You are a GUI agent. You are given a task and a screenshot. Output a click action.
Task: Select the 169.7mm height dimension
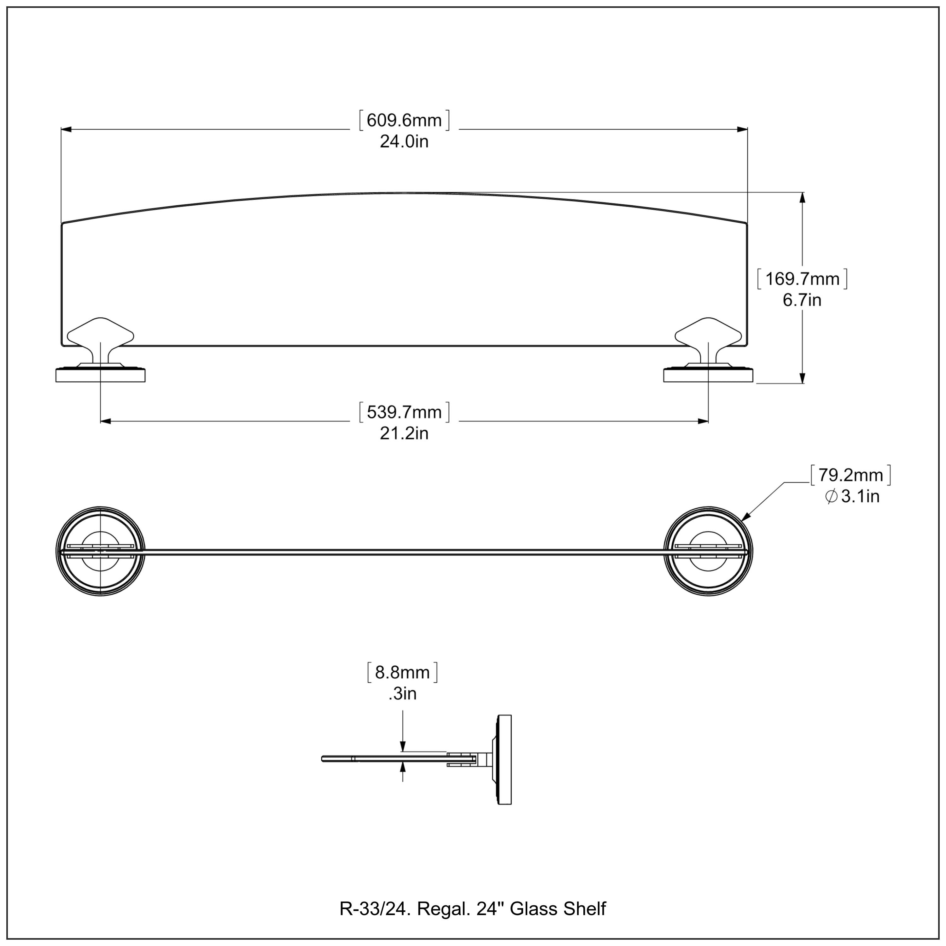[802, 279]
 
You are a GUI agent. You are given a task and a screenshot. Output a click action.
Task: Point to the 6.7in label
[802, 300]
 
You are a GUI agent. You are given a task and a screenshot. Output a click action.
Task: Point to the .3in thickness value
[402, 694]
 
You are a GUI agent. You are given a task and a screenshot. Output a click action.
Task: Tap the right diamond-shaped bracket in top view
[709, 334]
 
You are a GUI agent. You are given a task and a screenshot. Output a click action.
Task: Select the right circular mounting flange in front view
[709, 551]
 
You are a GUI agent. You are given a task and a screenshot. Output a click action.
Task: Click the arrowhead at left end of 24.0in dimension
[66, 129]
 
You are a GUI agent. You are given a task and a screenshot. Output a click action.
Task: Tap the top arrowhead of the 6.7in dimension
[802, 197]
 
